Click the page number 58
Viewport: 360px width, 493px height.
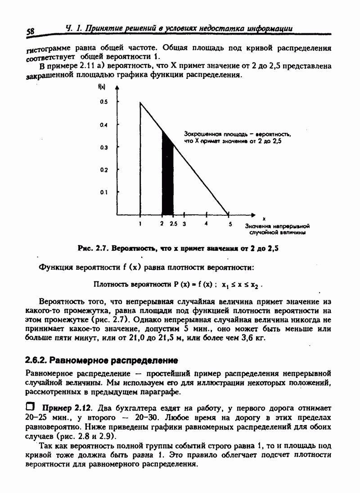pyautogui.click(x=31, y=32)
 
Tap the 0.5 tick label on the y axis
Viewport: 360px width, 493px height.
pyautogui.click(x=104, y=103)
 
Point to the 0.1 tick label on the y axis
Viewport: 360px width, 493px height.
pyautogui.click(x=104, y=192)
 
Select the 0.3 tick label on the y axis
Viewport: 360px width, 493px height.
pyautogui.click(x=104, y=147)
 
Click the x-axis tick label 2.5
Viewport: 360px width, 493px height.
pyautogui.click(x=173, y=223)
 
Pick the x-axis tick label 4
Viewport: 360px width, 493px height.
pyautogui.click(x=206, y=223)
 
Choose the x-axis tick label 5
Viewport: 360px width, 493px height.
pyautogui.click(x=229, y=223)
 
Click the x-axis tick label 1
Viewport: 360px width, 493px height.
pyautogui.click(x=140, y=223)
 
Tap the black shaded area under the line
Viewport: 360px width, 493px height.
pyautogui.click(x=167, y=180)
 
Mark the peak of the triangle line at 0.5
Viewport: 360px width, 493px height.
pyautogui.click(x=140, y=103)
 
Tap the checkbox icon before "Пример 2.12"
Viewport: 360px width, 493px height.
pyautogui.click(x=31, y=407)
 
